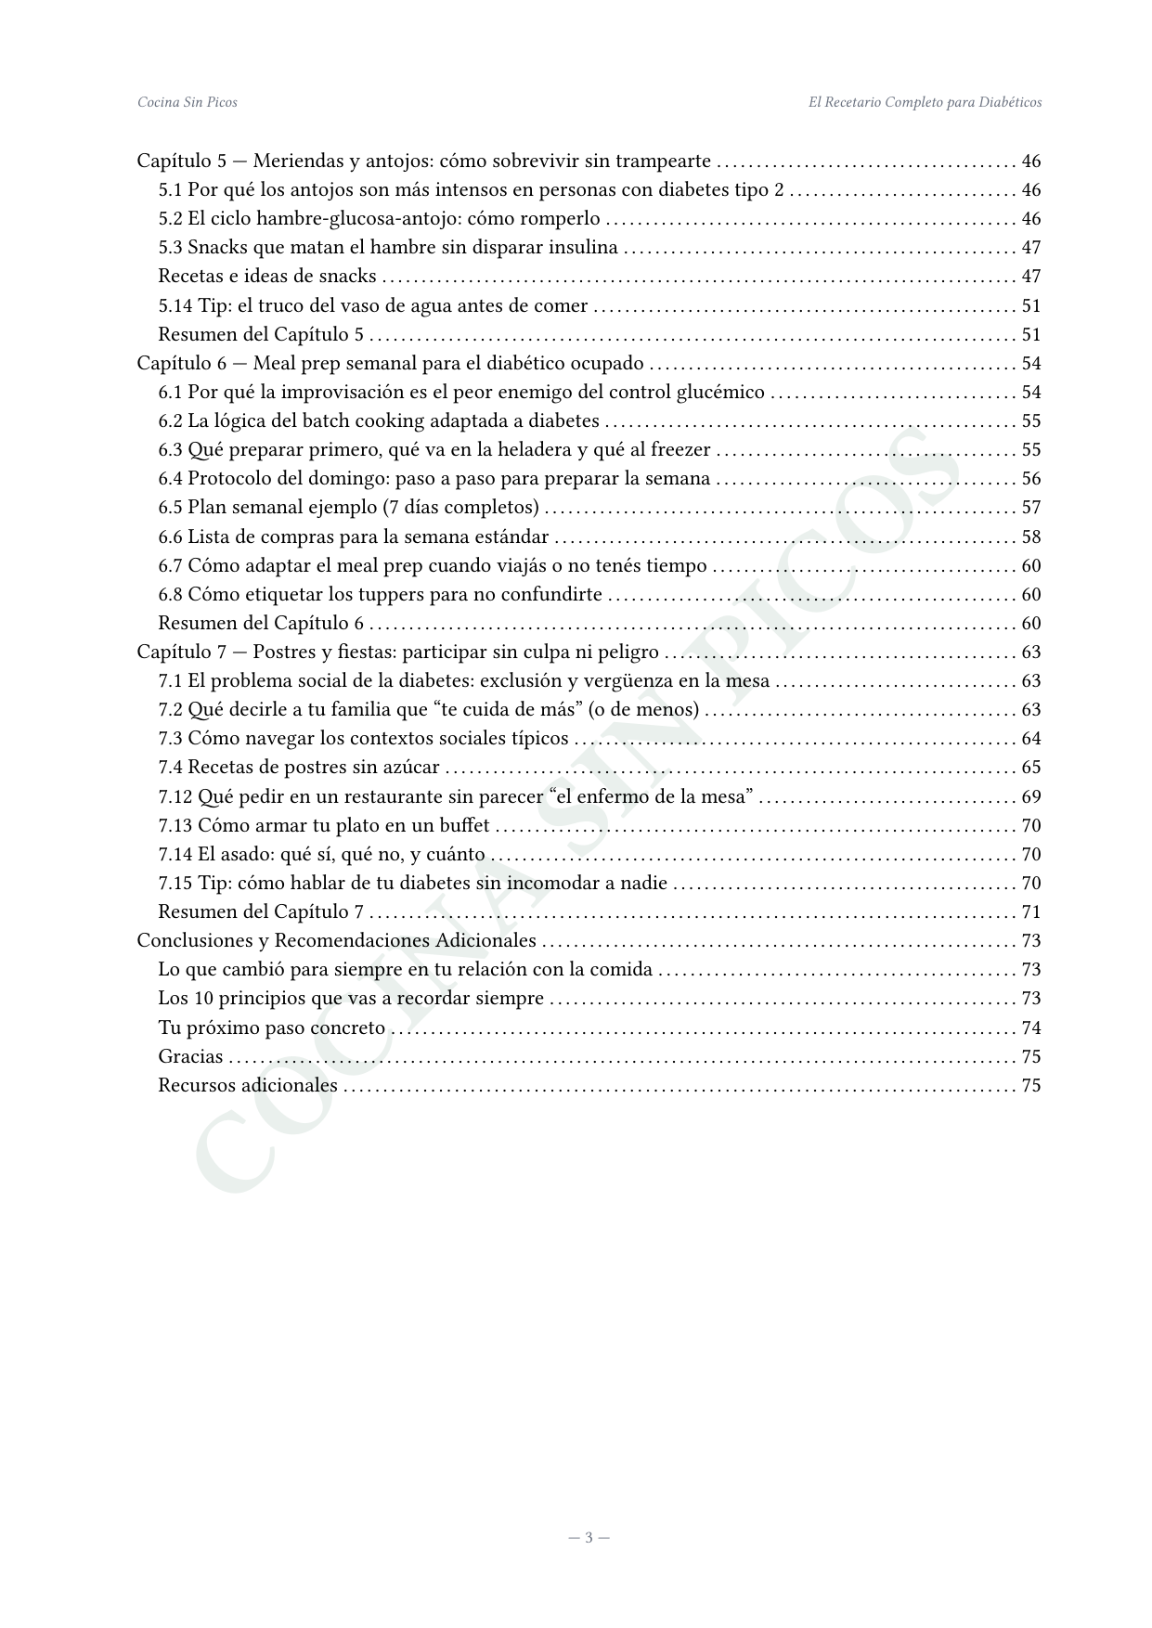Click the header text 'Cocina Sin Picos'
coord(187,102)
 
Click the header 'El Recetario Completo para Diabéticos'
coord(925,102)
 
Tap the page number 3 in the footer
coord(589,1538)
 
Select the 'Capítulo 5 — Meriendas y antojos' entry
coord(423,162)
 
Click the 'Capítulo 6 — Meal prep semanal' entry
coord(390,364)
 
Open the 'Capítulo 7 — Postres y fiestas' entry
coord(397,652)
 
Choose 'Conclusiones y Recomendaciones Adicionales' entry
coord(336,941)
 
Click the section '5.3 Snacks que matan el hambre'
coord(387,248)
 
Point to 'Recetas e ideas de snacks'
coord(267,277)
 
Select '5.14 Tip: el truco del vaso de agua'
coord(372,306)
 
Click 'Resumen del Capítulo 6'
coord(261,624)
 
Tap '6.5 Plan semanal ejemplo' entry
coord(348,508)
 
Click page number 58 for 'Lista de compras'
coord(1030,537)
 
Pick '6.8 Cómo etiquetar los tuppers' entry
coord(380,595)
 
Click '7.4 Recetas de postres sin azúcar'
coord(298,768)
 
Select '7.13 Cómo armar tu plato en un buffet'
coord(323,826)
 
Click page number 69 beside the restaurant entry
coord(1030,797)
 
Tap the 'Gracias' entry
coord(190,1057)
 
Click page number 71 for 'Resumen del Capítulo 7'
coord(1030,912)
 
